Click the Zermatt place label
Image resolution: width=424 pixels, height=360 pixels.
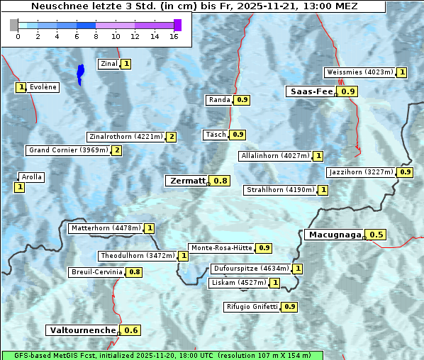click(187, 181)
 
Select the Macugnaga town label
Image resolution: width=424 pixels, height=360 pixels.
click(334, 235)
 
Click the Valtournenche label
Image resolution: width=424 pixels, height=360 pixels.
click(82, 330)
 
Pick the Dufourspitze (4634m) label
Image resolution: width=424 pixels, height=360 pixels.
click(251, 269)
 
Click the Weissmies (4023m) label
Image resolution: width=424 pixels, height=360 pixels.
click(359, 72)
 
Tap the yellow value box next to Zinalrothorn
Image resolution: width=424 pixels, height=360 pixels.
click(171, 137)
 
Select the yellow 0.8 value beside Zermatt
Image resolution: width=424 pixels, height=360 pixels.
click(221, 181)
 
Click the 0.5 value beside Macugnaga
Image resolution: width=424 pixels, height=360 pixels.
click(376, 235)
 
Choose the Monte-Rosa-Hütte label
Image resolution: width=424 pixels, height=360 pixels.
click(221, 248)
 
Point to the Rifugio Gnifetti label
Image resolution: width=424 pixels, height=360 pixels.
click(252, 307)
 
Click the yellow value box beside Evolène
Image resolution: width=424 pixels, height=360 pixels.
click(21, 87)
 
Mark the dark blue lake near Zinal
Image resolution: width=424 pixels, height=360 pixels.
click(80, 72)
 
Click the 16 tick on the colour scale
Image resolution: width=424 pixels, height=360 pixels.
click(174, 37)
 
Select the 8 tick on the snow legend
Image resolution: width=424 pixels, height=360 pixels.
click(96, 37)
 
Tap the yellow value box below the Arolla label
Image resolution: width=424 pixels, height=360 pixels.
click(19, 187)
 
